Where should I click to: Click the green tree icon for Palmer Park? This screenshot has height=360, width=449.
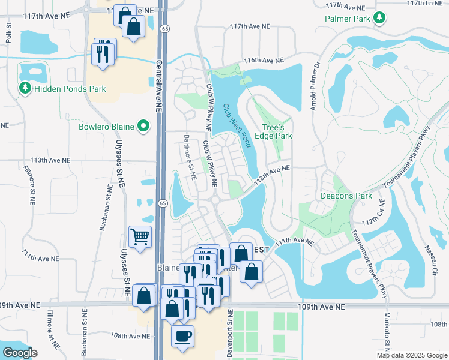pos(378,19)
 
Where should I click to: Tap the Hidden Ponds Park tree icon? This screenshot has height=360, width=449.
pos(25,89)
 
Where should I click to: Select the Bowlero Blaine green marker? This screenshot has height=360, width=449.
pos(143,127)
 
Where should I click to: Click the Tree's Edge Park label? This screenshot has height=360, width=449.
pos(277,131)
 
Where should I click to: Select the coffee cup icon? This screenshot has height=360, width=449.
pos(183,335)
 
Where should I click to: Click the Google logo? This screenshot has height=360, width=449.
pos(20,353)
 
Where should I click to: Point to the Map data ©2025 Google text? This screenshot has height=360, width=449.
pos(411,355)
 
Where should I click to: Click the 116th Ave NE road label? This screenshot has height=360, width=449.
pos(262,61)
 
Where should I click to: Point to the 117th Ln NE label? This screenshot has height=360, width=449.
pos(427,3)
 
